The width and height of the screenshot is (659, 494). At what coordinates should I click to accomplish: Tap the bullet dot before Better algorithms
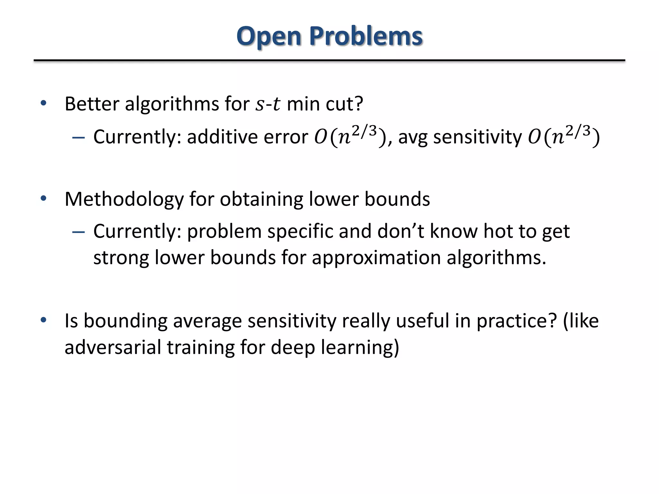click(x=43, y=104)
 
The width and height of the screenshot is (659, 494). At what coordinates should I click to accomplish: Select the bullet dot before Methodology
click(x=43, y=199)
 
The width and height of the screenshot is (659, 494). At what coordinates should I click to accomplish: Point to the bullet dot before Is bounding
click(x=43, y=320)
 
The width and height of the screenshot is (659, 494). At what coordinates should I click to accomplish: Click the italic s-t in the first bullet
click(x=268, y=104)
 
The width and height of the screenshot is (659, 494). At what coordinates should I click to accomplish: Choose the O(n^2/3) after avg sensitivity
click(x=563, y=136)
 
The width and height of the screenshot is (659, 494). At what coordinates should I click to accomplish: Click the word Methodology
click(x=124, y=199)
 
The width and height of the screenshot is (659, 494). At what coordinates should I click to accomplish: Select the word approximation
click(x=376, y=258)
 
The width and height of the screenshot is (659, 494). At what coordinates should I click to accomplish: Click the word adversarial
click(x=113, y=347)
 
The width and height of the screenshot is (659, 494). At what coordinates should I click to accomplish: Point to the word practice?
click(x=516, y=321)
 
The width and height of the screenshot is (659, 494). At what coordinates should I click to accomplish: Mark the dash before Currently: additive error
click(x=79, y=138)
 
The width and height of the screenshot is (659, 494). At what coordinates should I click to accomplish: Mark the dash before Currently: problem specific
click(x=79, y=232)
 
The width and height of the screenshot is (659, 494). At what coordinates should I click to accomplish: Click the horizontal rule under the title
click(x=329, y=60)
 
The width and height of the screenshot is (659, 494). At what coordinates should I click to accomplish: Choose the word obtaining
click(x=261, y=199)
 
